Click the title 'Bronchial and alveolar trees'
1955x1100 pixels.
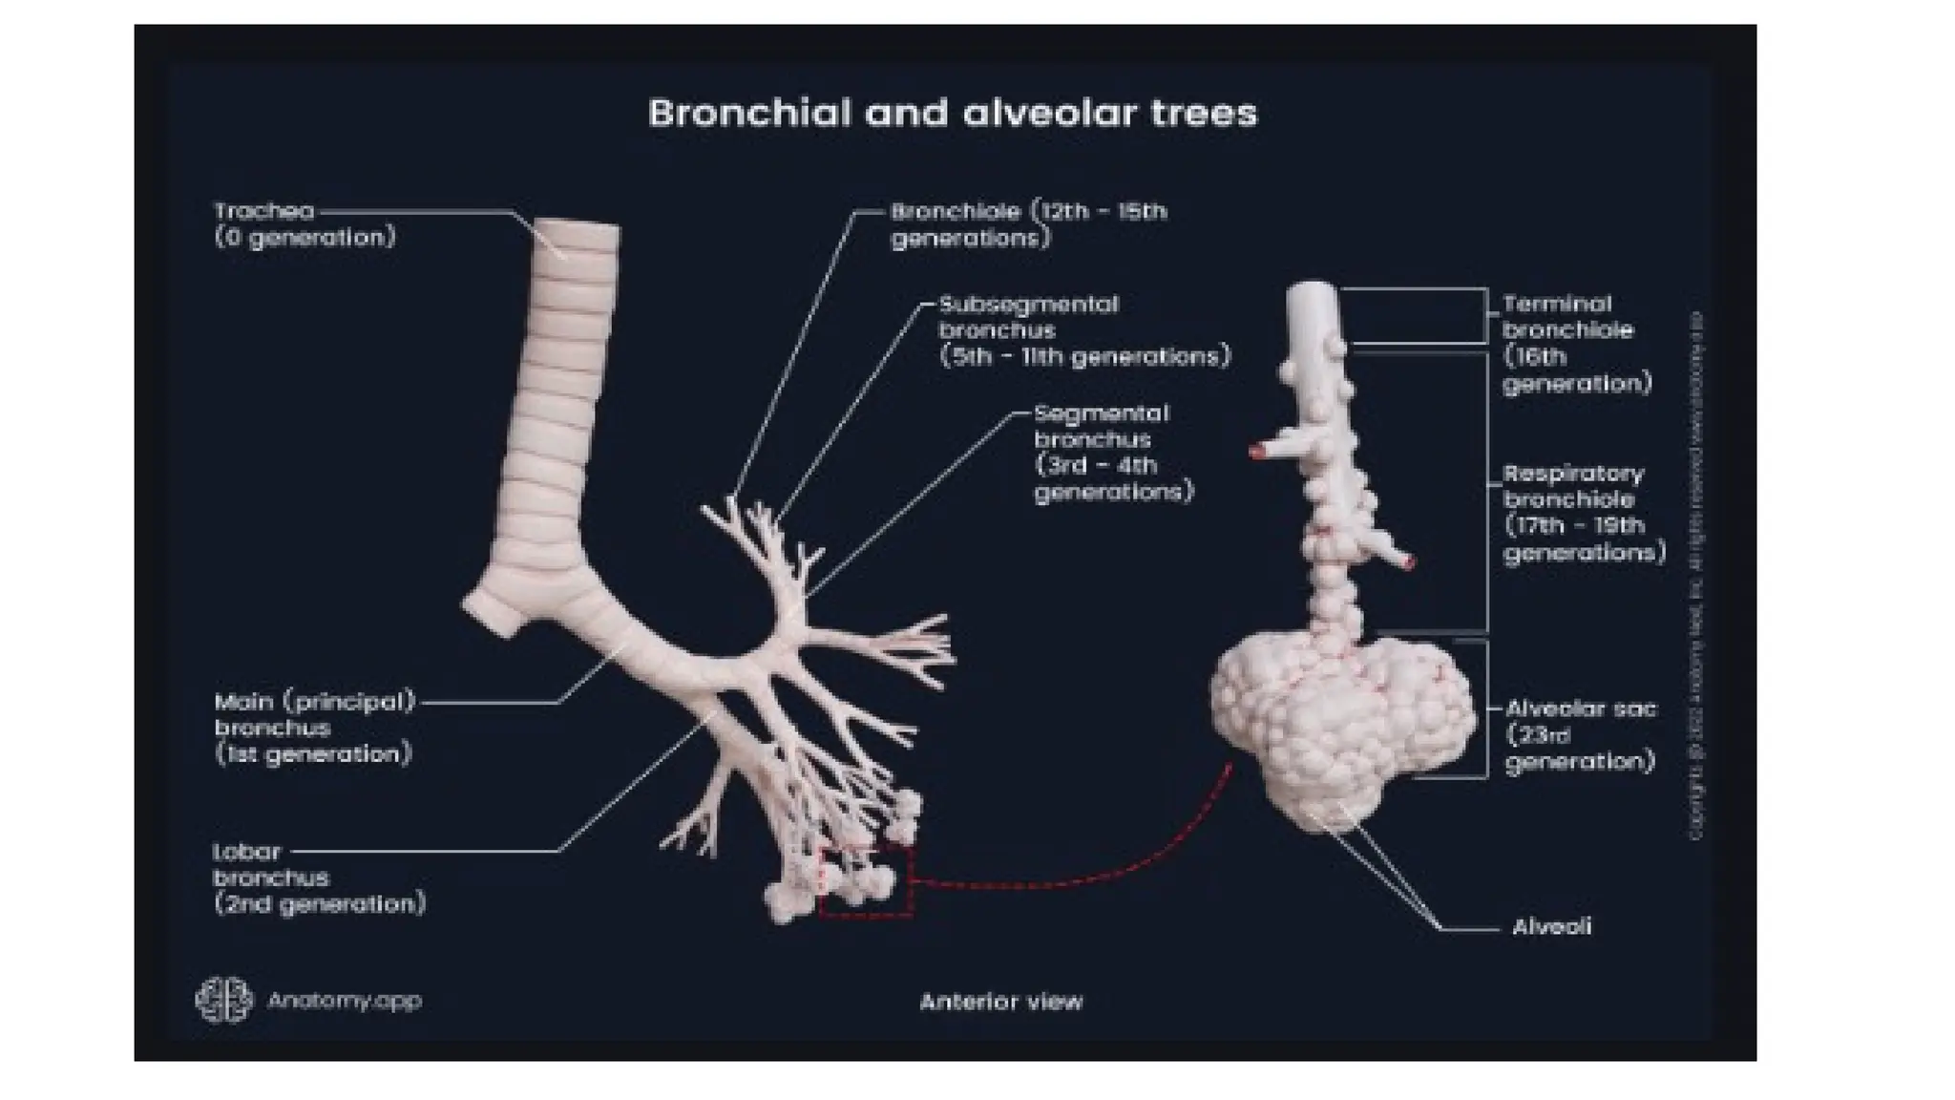click(953, 113)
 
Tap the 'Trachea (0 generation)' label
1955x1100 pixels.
click(304, 223)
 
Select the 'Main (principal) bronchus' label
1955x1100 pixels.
click(315, 728)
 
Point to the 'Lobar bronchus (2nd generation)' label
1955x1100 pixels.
click(318, 878)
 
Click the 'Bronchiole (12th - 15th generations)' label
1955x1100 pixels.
click(1028, 224)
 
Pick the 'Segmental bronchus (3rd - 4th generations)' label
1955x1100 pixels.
click(1113, 453)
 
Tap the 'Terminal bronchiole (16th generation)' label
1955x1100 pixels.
click(1575, 344)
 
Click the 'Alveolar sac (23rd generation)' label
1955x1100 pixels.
click(1580, 735)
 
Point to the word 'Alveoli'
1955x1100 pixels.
click(1551, 926)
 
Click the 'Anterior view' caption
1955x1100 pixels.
click(1000, 1002)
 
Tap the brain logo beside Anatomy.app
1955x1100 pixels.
click(224, 1000)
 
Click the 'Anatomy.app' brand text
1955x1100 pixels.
click(344, 1001)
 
